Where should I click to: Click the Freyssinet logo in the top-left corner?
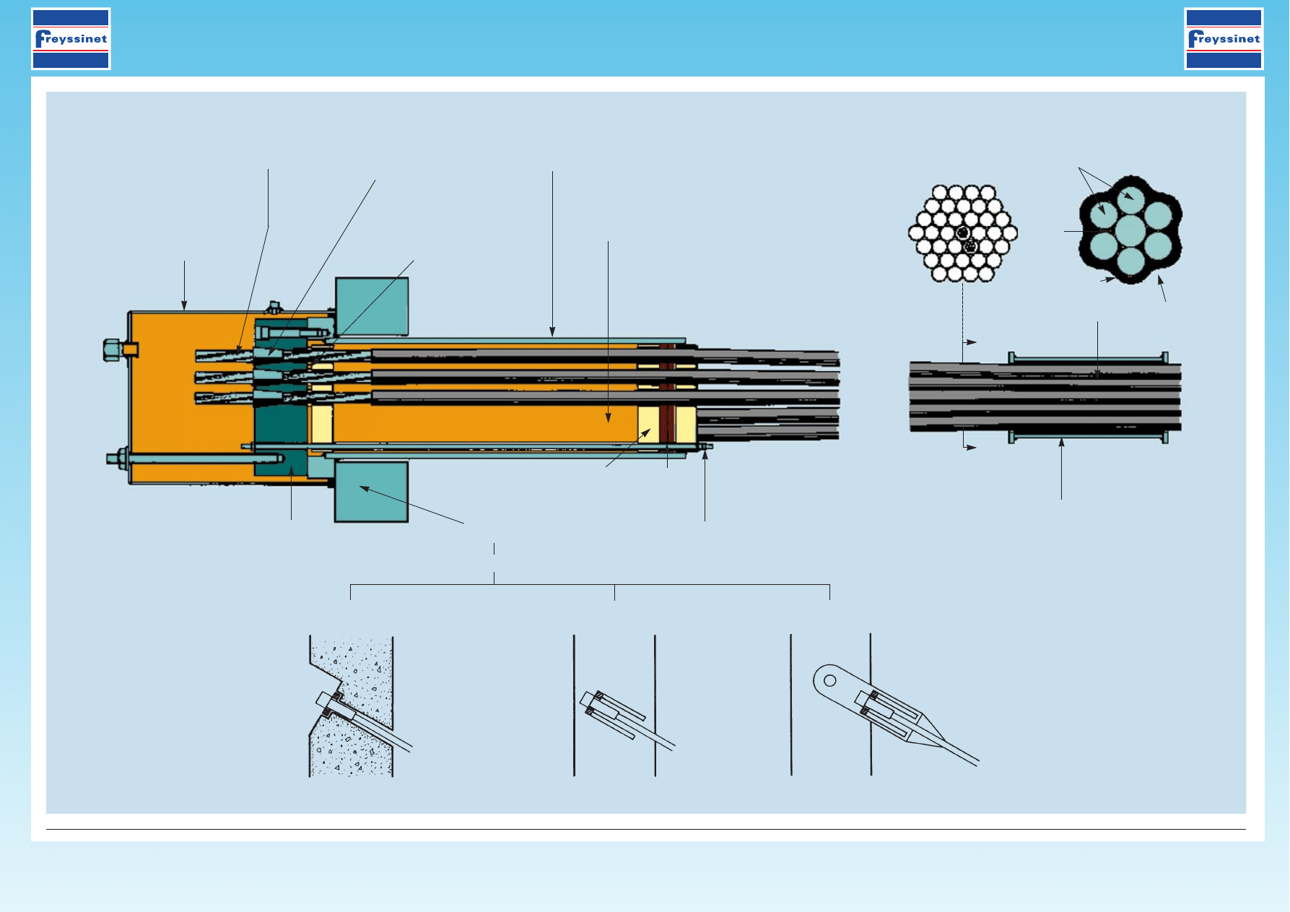click(x=71, y=39)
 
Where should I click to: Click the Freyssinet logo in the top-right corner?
click(x=1224, y=39)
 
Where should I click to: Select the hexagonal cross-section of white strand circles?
click(x=963, y=233)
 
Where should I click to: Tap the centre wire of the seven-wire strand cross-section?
click(x=1130, y=231)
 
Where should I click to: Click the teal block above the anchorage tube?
click(x=372, y=306)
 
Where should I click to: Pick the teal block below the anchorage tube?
click(x=372, y=492)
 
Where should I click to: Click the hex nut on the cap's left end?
click(x=112, y=350)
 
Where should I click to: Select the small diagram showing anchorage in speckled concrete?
click(x=353, y=705)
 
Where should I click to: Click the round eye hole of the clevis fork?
click(x=830, y=680)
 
